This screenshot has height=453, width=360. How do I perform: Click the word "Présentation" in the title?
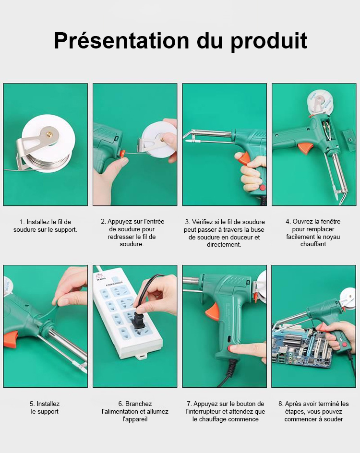point(121,41)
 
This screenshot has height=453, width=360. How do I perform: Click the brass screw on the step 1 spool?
point(50,133)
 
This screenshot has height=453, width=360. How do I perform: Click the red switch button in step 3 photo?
point(263,188)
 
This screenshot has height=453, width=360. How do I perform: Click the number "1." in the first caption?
point(22,222)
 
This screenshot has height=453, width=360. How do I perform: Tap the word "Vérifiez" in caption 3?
point(203,222)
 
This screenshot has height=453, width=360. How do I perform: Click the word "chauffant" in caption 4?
point(313,244)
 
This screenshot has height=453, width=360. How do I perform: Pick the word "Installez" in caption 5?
point(48,404)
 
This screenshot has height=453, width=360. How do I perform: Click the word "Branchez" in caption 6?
point(138,404)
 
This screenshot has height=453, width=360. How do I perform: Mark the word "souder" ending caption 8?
point(334,419)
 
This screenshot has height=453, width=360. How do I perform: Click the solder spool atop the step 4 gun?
point(319,103)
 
